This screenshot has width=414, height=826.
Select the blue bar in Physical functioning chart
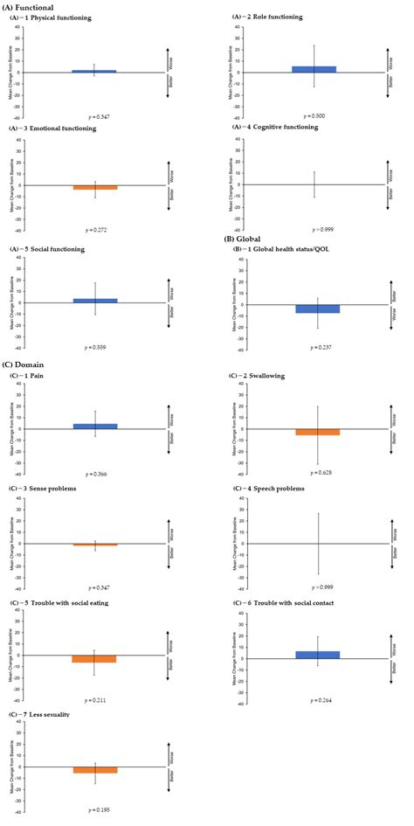[x=93, y=71]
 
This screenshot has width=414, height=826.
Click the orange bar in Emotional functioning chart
[x=93, y=187]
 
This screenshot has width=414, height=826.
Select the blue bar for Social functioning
[x=93, y=300]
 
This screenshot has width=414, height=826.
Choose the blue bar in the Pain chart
[x=93, y=427]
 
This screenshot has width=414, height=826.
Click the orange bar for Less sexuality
[x=93, y=769]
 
